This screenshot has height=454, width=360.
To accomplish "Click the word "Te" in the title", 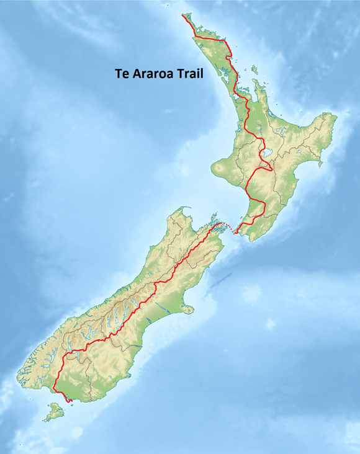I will coord(122,73).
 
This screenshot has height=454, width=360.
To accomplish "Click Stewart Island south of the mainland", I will coord(55,411).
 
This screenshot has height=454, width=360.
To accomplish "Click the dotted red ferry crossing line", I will coord(228,229).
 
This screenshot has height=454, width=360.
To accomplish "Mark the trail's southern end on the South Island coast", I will coord(70,401).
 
